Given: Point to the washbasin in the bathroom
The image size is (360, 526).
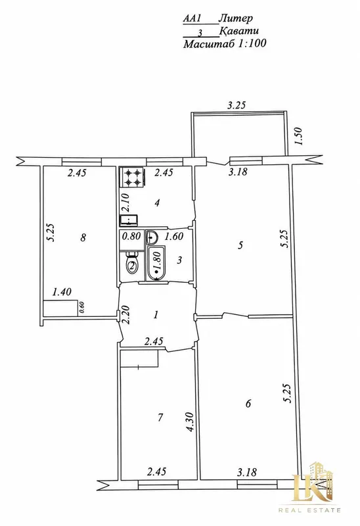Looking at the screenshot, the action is [x=152, y=237].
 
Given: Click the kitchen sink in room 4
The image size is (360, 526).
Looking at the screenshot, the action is [x=128, y=220].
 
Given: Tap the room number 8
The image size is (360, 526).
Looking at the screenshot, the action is [x=83, y=237].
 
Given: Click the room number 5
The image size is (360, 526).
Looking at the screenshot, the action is [x=240, y=245].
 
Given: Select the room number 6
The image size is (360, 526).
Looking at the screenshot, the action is [x=248, y=403].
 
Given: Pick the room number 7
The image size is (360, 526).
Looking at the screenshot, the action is [x=160, y=418].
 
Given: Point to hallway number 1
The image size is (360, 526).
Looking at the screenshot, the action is [x=156, y=315].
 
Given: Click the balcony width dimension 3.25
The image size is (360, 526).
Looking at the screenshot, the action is [x=236, y=105].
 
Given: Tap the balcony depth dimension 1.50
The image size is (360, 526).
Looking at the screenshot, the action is [x=298, y=136].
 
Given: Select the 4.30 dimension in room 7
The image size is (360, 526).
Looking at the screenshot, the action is [x=191, y=421].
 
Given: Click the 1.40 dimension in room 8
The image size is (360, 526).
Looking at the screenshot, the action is [x=62, y=292].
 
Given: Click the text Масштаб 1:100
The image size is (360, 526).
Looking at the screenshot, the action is [x=225, y=44].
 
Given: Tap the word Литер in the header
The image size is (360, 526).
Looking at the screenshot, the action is [x=236, y=18].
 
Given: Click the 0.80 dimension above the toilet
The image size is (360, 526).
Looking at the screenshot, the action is [x=131, y=237].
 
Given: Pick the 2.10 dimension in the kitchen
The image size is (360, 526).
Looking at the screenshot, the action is [x=125, y=203].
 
